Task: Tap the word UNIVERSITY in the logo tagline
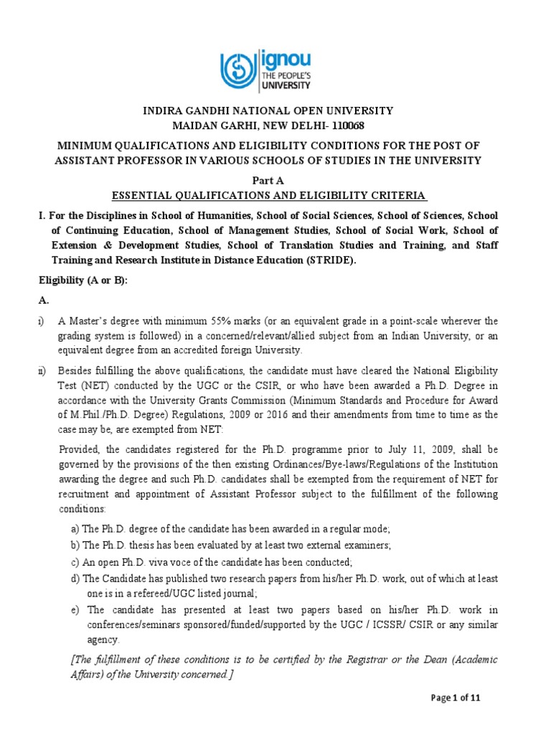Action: pos(287,85)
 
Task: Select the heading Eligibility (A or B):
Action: pos(83,281)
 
